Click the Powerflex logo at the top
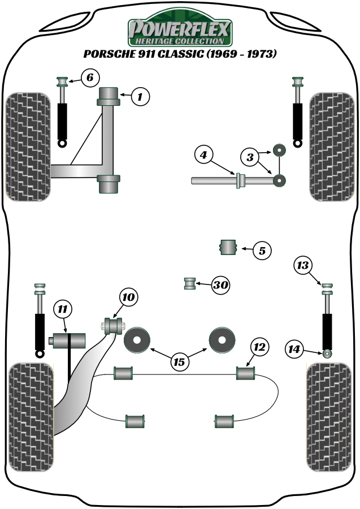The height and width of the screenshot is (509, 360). tap(180, 31)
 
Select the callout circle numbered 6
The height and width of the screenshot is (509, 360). tap(90, 77)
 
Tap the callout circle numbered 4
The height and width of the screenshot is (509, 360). tap(204, 154)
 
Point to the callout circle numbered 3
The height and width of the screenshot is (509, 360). tap(250, 156)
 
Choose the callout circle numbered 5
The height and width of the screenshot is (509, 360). tap(262, 250)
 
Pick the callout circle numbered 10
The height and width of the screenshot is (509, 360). tap(128, 296)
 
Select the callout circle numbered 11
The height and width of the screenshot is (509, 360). tap(63, 309)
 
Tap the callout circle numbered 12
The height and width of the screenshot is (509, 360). tap(259, 347)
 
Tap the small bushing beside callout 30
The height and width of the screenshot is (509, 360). tap(190, 283)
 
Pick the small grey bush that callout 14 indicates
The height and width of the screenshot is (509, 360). tap(327, 354)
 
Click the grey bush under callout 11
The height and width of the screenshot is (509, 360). tap(68, 342)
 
